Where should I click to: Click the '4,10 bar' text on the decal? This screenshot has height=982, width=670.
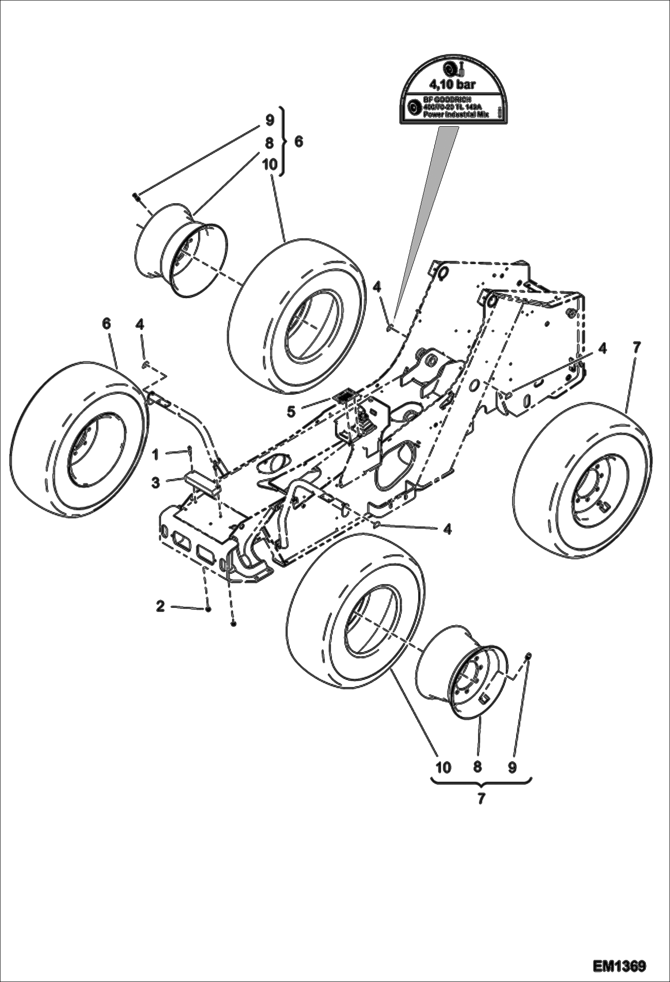(452, 83)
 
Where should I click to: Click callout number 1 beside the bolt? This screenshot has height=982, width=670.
(156, 455)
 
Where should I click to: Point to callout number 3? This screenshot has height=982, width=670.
(155, 483)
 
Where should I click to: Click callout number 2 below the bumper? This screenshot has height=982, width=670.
(161, 606)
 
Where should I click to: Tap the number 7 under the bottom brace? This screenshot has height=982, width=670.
(481, 798)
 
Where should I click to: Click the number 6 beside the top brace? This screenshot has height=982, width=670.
(299, 141)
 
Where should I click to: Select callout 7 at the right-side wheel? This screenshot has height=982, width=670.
(636, 346)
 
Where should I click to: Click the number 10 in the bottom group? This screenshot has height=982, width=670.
(443, 767)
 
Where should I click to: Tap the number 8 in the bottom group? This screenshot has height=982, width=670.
(477, 767)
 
